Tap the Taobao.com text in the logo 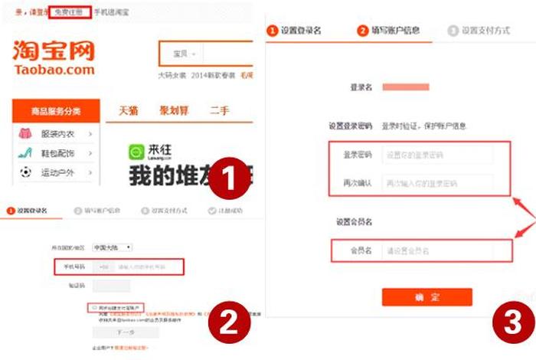(x=54, y=70)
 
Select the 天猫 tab (x=128, y=110)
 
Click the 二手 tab (x=219, y=110)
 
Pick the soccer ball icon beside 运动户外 (x=26, y=172)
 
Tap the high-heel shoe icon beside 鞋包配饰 (x=26, y=153)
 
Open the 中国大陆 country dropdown (x=112, y=247)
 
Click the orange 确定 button (x=427, y=297)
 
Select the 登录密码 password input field (x=436, y=155)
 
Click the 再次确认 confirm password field (x=436, y=184)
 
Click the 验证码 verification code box (x=101, y=286)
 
